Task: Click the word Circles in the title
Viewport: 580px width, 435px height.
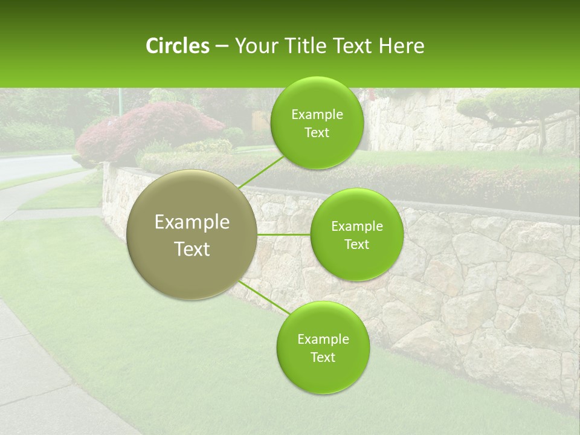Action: coord(177,46)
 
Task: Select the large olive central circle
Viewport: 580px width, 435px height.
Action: coord(192,234)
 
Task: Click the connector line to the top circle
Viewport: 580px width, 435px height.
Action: coord(261,172)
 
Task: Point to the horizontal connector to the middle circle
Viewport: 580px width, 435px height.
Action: coord(283,234)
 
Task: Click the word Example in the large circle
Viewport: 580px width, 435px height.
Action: coord(192,222)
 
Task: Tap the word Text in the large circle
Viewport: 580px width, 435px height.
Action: coord(192,249)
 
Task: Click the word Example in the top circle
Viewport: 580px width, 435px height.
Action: coord(317,115)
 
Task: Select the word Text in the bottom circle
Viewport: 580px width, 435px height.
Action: coord(323,357)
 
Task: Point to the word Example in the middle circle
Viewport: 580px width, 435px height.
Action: coord(356,227)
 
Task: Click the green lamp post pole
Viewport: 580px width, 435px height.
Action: coord(120,100)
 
